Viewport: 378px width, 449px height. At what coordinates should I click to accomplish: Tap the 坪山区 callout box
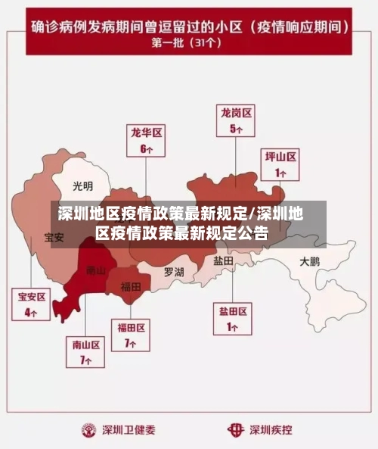280,165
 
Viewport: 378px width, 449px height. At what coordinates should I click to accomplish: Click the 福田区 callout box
131,335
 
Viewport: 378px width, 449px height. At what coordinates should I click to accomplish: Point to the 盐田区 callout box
234,319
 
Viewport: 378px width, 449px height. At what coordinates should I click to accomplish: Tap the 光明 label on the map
83,186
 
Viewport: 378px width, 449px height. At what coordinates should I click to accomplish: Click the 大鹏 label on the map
310,262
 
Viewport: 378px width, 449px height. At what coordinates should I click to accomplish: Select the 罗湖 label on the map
174,271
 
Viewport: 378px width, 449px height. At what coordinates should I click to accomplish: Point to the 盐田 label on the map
223,260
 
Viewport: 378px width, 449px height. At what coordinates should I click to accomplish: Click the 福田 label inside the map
131,287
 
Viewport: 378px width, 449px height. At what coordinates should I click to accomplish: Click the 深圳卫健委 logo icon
90,429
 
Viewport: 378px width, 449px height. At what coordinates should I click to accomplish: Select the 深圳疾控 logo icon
237,429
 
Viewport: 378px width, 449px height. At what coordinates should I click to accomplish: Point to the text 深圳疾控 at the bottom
271,429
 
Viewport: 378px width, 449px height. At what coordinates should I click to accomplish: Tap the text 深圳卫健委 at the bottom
129,429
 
